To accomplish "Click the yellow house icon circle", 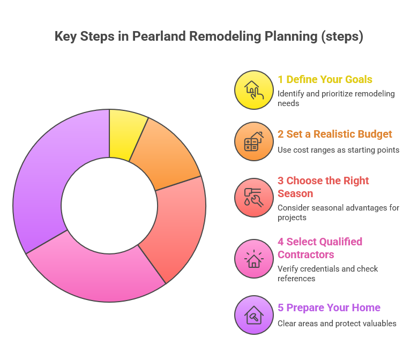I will [x=254, y=90].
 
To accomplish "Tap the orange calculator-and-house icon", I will [x=254, y=142].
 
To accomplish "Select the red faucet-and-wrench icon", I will [x=254, y=198].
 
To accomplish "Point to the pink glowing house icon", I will [x=254, y=259].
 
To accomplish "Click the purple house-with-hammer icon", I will [x=254, y=315].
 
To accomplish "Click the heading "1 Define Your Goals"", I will [x=325, y=79].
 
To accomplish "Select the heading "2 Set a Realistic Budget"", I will [x=335, y=134].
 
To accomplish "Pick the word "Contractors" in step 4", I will [x=305, y=254].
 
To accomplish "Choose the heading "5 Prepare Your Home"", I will [x=329, y=307].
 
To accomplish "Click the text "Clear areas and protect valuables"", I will [x=337, y=323].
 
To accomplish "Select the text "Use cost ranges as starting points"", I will [x=338, y=149].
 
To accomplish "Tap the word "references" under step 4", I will [x=296, y=278].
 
